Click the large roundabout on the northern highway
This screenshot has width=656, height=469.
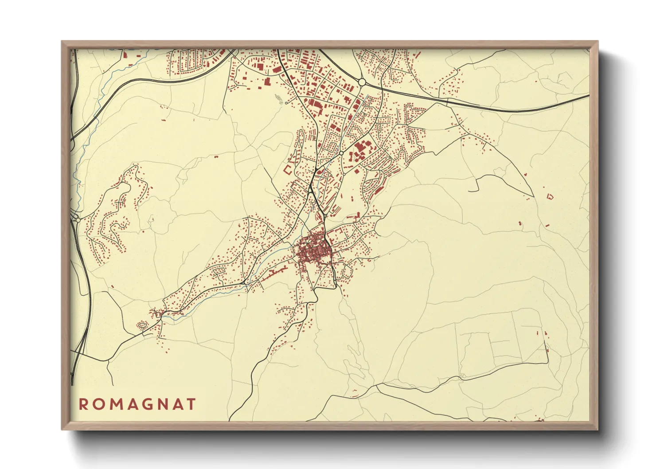[362, 82]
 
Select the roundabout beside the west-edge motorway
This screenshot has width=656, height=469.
[78, 219]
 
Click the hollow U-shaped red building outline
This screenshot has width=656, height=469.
[288, 170]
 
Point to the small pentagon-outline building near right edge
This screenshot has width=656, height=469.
[550, 195]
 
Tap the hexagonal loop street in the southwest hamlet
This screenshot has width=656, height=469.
[142, 325]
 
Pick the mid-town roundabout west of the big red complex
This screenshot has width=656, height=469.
[341, 153]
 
